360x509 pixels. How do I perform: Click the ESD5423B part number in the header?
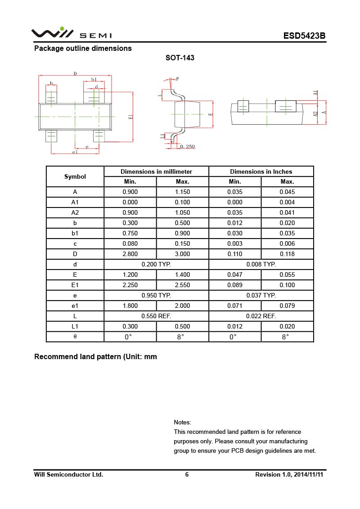click(304, 36)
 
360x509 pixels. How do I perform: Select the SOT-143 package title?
click(180, 58)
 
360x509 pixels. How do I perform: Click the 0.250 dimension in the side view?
click(187, 147)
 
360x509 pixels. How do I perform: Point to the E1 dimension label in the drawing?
click(131, 117)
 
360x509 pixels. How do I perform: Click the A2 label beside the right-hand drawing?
click(316, 114)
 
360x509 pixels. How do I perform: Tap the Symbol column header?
click(75, 176)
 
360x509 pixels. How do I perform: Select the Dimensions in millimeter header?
click(156, 171)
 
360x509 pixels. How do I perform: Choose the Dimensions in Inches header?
click(261, 171)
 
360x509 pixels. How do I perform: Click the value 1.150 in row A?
click(182, 192)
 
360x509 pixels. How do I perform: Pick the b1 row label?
click(75, 233)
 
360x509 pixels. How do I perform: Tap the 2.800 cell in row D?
click(130, 254)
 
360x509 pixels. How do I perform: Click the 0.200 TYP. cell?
click(156, 264)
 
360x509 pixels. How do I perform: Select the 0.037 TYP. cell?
click(261, 295)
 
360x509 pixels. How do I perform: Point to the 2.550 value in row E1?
click(182, 285)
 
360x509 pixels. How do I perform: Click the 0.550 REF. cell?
click(156, 316)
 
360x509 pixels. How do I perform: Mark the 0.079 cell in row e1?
click(287, 306)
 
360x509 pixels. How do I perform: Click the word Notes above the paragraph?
click(182, 422)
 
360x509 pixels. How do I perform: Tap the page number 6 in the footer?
click(187, 474)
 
